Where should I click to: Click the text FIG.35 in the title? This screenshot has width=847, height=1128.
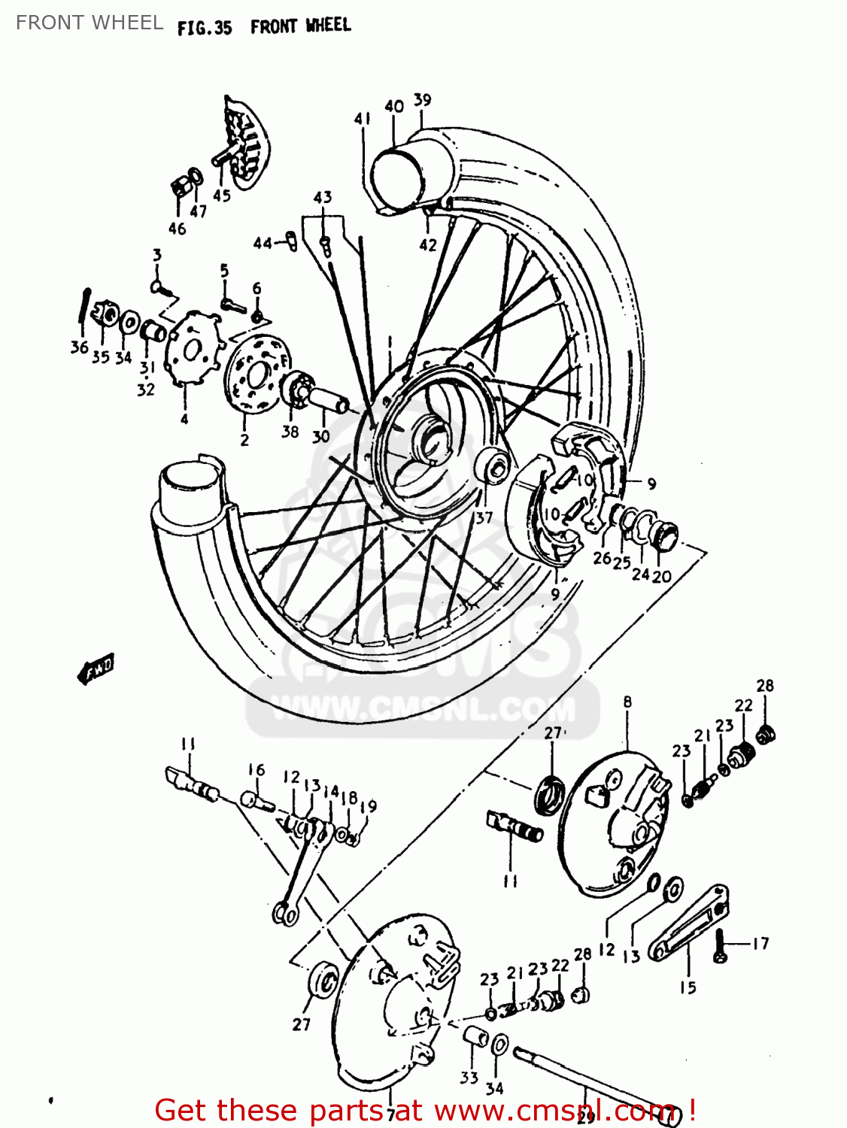point(205,29)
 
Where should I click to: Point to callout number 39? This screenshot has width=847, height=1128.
point(423,100)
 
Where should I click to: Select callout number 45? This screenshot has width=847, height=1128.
point(221,196)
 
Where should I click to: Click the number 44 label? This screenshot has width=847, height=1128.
point(263,244)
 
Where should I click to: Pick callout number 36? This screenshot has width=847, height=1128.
point(80,347)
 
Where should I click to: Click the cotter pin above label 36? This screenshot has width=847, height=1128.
point(85,309)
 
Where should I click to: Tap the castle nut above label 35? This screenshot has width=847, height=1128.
point(105,314)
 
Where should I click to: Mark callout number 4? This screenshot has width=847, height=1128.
point(184,419)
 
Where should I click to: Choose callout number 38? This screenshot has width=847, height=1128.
point(290,432)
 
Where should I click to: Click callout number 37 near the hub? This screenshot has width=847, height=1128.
point(484,517)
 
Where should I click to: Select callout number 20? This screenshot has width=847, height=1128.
point(662,576)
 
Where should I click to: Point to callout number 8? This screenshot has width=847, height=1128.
point(627,702)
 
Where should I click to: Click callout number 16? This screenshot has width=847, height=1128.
point(257,770)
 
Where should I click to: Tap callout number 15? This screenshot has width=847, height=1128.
point(688,987)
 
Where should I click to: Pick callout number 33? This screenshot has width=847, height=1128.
point(469,1078)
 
